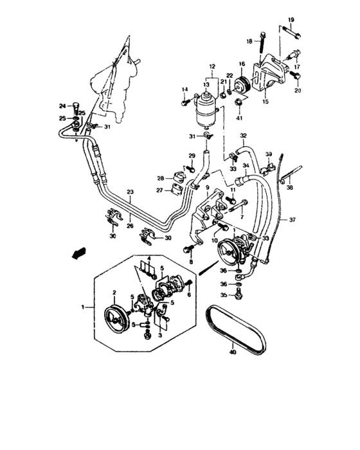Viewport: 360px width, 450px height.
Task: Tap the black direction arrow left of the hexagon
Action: [78, 254]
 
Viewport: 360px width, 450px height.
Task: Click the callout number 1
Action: [83, 308]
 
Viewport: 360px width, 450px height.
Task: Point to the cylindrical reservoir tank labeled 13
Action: [207, 105]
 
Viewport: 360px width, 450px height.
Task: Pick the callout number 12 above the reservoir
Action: [211, 67]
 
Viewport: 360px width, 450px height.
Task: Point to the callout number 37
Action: [292, 220]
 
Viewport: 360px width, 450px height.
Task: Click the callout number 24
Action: [62, 106]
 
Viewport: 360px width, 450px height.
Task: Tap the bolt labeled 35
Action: [239, 294]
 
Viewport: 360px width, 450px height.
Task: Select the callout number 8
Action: [191, 262]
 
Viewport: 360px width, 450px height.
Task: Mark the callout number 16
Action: [242, 64]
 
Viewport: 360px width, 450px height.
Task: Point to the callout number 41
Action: [239, 118]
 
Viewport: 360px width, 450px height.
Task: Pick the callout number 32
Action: [244, 136]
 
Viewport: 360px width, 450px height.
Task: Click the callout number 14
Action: [184, 89]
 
